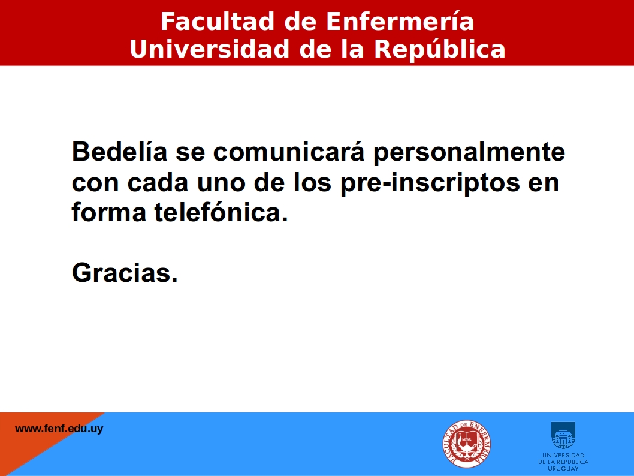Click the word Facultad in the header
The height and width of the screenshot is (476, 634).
tap(218, 21)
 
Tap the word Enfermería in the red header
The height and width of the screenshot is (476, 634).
tap(400, 21)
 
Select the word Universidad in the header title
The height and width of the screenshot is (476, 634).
tap(210, 49)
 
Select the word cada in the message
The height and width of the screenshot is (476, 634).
tap(158, 182)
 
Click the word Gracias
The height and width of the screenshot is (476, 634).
tap(125, 273)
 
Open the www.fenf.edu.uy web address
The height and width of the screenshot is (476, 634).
tap(59, 429)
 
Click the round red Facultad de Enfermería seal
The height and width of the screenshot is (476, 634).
tap(467, 444)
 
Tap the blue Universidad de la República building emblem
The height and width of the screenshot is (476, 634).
tap(563, 435)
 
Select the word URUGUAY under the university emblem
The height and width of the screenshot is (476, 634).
tap(563, 468)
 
